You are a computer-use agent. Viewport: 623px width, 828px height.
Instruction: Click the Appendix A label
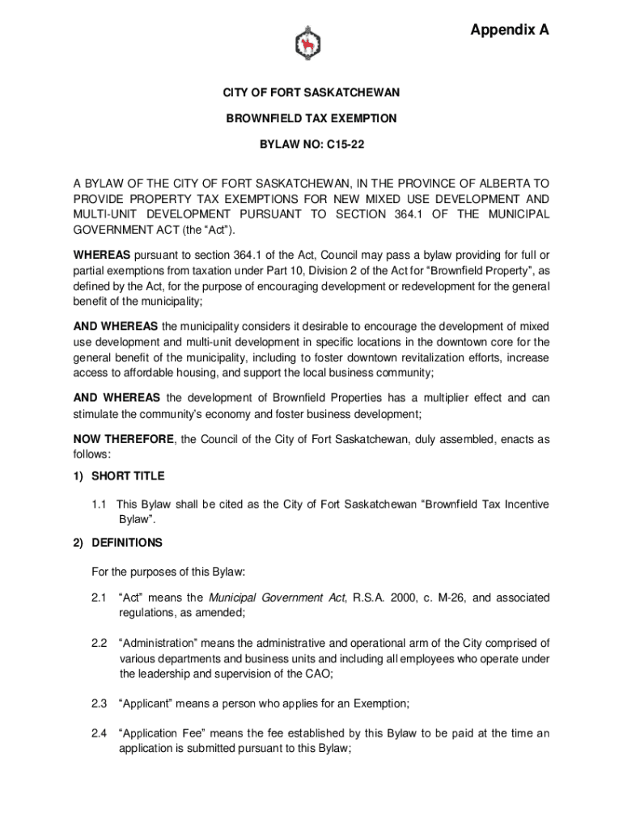pos(510,31)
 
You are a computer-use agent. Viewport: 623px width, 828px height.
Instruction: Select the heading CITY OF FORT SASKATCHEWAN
pos(311,94)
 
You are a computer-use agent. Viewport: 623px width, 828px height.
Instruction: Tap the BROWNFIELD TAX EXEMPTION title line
pos(311,119)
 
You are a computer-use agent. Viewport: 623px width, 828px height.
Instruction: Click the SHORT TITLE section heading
pos(128,476)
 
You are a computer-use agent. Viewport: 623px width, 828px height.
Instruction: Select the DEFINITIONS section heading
pos(127,543)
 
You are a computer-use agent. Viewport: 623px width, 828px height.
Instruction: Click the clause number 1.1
pos(100,505)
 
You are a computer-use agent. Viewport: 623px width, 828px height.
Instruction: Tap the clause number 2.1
pos(100,598)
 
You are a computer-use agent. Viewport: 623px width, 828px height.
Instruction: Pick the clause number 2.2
pos(100,644)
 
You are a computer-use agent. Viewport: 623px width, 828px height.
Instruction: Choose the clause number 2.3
pos(100,703)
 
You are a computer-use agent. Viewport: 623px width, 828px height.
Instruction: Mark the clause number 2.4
pos(100,733)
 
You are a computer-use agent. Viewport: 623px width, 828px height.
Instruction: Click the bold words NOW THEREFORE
pos(123,440)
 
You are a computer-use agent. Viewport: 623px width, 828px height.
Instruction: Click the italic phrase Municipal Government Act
pos(277,598)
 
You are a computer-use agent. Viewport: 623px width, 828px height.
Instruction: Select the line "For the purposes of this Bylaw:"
pos(168,572)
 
